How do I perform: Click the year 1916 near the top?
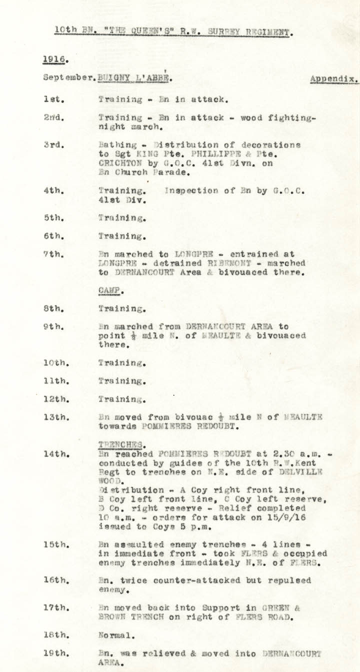click(54, 58)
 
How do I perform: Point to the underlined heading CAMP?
click(110, 290)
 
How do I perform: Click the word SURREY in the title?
click(212, 32)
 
